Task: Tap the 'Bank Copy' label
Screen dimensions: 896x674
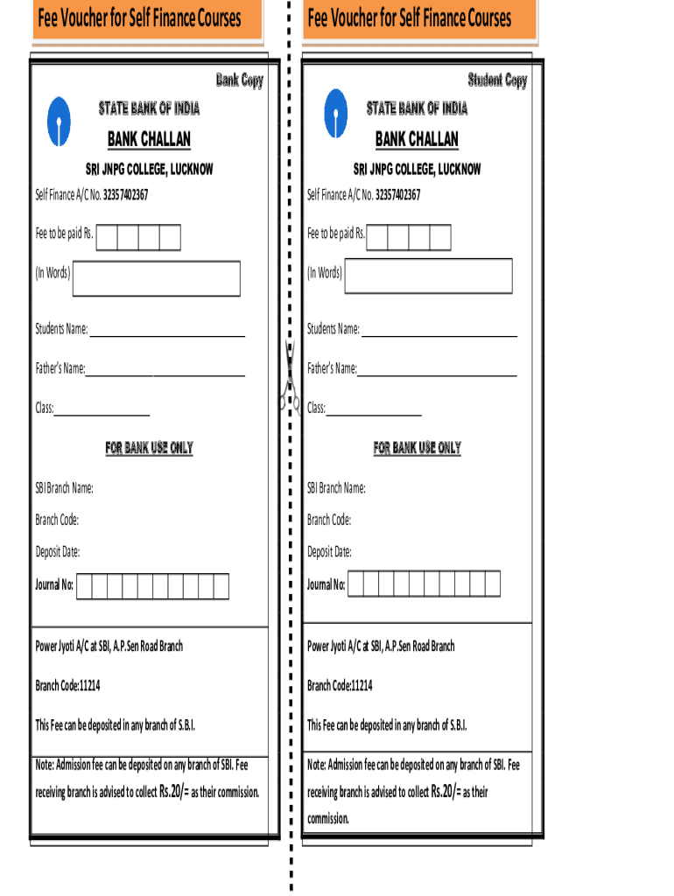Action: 239,80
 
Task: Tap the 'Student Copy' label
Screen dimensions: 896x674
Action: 497,80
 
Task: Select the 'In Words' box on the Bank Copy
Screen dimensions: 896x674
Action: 157,277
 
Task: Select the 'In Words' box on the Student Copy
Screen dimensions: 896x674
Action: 429,276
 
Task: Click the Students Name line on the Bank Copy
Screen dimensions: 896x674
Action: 167,332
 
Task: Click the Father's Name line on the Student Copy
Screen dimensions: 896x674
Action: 437,371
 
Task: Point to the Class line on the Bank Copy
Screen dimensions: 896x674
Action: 102,412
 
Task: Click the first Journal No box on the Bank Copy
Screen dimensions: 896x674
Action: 85,585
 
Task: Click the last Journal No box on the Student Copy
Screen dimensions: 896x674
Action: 492,584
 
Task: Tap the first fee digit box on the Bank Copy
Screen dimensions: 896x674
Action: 106,236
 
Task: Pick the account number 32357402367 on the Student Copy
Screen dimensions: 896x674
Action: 397,195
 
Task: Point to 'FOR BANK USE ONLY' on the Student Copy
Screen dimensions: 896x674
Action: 417,448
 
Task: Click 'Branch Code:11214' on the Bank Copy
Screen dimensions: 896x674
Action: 67,685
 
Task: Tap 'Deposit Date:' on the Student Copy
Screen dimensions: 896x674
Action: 329,552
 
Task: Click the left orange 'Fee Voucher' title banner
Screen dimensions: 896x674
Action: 147,19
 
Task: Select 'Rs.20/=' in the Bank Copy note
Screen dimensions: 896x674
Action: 173,792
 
